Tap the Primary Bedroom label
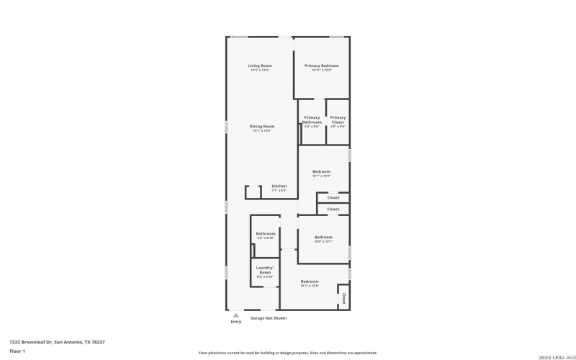pos(321,66)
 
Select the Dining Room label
pos(262,126)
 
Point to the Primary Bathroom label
pos(312,120)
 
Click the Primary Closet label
pos(338,120)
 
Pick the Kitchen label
pos(279,186)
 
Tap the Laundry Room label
pos(264,270)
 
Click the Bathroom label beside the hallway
pos(266,233)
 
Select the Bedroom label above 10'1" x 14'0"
pos(321,171)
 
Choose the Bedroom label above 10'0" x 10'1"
pos(323,237)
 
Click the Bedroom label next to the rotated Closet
pos(310,281)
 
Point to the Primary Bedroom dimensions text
pos(321,71)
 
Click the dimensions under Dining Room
pos(262,131)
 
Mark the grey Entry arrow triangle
pos(235,315)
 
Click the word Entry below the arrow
pos(236,322)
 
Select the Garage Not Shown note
pos(268,318)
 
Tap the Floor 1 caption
pos(18,351)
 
